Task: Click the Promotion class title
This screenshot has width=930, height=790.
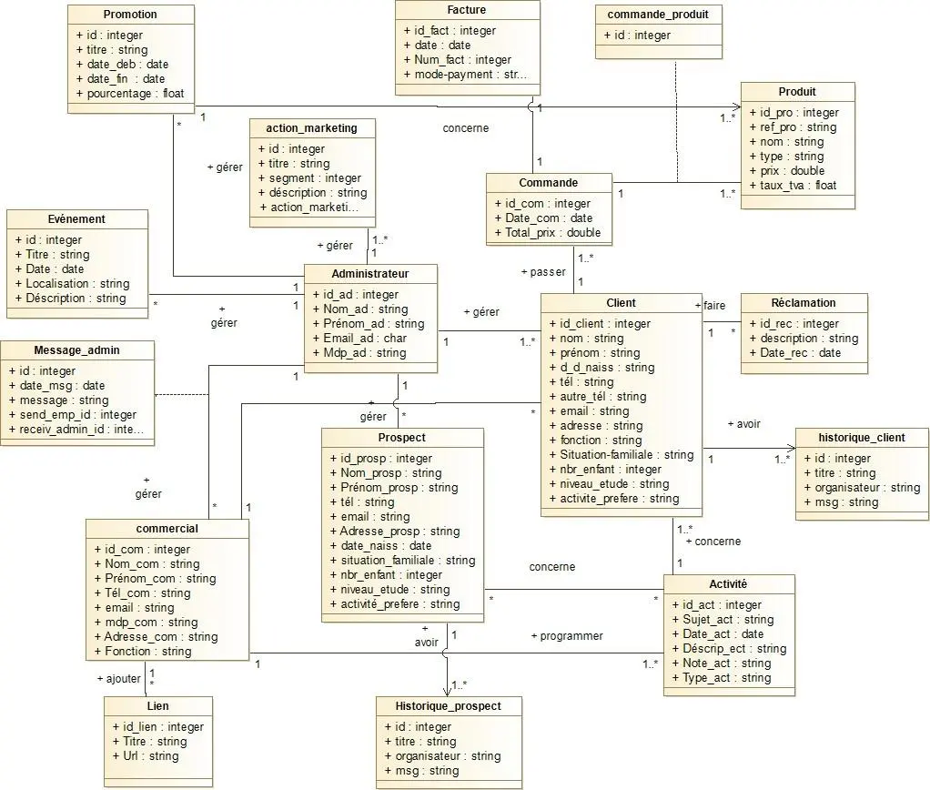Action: tap(130, 15)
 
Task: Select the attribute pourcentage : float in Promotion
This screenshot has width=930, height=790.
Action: tap(135, 94)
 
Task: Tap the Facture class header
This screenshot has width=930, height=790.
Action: tap(467, 10)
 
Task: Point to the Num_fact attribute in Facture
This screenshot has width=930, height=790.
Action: tap(461, 60)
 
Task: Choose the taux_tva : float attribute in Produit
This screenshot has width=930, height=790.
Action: tap(797, 186)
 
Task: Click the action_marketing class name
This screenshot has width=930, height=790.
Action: tap(312, 128)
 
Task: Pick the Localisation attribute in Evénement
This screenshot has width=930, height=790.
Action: tap(77, 284)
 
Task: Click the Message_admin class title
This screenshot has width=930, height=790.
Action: tap(76, 349)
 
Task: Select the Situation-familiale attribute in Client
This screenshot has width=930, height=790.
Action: tap(626, 455)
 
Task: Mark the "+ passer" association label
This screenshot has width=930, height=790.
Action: tap(542, 272)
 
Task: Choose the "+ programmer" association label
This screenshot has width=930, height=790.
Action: tap(566, 636)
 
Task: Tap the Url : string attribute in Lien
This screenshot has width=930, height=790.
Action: tap(145, 756)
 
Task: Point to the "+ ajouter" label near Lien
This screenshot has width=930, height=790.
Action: tap(119, 679)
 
